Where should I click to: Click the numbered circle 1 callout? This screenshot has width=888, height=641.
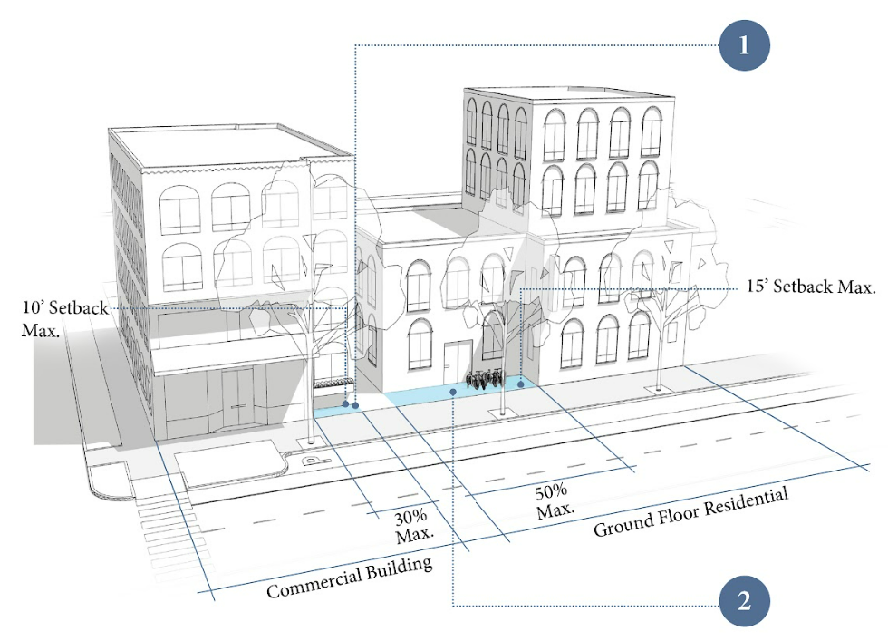[x=744, y=44]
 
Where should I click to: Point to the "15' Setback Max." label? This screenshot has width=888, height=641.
[x=811, y=287]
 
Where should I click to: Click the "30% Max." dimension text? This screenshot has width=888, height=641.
[x=414, y=527]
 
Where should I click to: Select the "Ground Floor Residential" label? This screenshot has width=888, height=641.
[x=690, y=511]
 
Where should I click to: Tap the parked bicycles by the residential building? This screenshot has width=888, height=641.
[x=483, y=380]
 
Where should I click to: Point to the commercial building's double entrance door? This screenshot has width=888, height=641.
[x=238, y=398]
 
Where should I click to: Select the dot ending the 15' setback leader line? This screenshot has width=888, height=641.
[x=521, y=385]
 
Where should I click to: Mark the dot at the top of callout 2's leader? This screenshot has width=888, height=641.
[x=453, y=392]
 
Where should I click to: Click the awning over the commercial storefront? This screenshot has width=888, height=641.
[x=227, y=357]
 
